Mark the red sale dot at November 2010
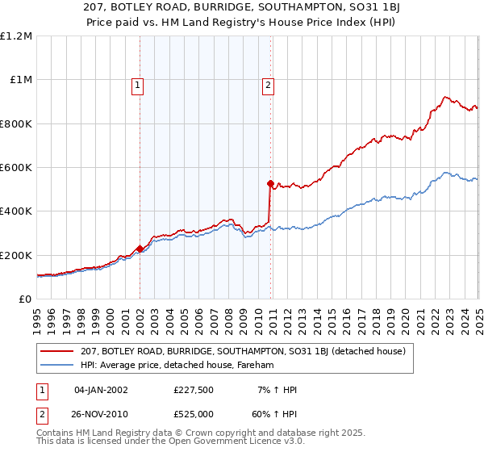coord(270,183)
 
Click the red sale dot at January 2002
coord(140,249)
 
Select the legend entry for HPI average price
coord(177,366)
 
